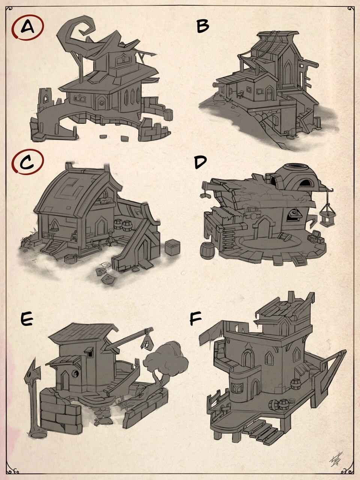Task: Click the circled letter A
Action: [27, 27]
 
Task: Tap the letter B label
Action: [202, 27]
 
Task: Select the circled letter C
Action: [27, 162]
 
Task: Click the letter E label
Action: [27, 319]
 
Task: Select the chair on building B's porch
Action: [240, 94]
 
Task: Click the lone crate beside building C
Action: [172, 247]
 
